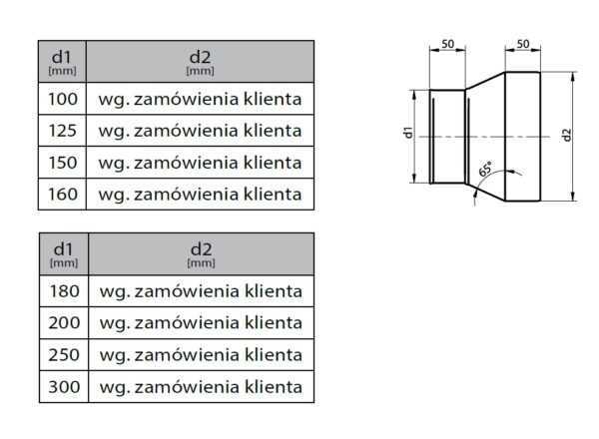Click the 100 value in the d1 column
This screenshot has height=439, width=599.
63,99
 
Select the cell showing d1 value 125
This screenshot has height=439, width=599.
63,131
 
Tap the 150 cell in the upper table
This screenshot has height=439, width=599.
63,162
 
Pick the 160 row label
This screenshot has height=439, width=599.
63,193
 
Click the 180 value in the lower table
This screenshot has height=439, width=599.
63,291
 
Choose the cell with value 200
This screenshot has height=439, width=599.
63,323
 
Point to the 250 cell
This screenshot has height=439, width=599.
63,354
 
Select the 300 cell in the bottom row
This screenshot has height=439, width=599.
63,386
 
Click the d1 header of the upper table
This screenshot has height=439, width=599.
63,61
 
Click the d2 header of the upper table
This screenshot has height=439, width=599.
201,61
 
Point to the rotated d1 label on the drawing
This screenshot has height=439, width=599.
408,134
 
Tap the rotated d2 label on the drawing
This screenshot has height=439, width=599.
567,135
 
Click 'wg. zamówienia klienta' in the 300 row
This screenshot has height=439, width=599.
201,386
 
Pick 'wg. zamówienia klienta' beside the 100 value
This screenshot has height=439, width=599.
201,99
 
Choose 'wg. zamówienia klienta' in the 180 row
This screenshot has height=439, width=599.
201,291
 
